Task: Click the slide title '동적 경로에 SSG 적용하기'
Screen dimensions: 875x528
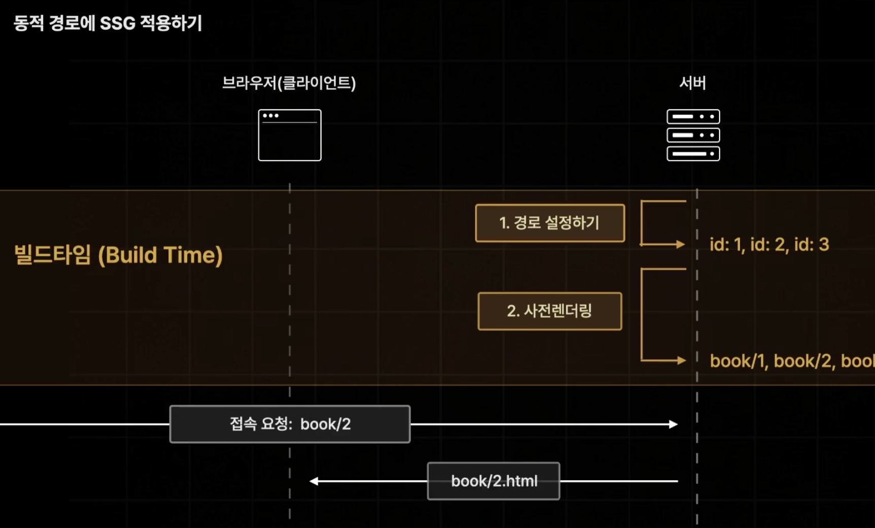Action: [x=108, y=23]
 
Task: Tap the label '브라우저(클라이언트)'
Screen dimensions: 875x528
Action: [x=289, y=83]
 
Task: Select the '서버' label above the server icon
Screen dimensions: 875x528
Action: [x=692, y=83]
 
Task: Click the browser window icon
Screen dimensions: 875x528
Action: [x=289, y=136]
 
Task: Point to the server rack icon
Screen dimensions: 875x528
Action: [x=693, y=135]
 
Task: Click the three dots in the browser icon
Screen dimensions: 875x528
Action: [x=271, y=116]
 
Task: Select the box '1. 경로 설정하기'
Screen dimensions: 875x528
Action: [x=550, y=223]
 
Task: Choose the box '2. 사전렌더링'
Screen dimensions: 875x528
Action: [x=550, y=311]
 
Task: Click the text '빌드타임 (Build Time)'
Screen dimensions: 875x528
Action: [x=118, y=255]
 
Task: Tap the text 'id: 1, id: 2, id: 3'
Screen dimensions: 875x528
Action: [x=769, y=245]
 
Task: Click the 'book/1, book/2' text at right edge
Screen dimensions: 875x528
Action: [x=792, y=361]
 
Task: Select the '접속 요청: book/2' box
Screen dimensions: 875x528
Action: [x=290, y=424]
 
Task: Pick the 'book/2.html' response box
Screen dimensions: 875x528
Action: [x=493, y=481]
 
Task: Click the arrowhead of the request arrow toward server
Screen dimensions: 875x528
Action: [x=674, y=424]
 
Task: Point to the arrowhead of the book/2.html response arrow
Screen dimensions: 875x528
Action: [x=314, y=481]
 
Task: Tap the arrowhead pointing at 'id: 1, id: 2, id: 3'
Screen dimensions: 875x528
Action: [x=681, y=244]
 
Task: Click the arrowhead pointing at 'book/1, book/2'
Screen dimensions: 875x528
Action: [x=681, y=360]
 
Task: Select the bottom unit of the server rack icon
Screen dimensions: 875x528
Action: [x=693, y=153]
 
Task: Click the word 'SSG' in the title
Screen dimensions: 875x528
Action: [x=118, y=23]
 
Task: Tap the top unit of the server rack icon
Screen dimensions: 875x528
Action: [x=693, y=117]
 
